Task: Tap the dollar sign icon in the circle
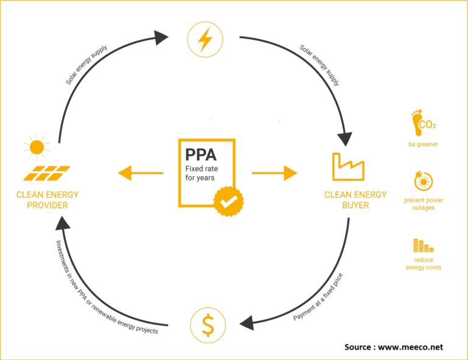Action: [x=208, y=325]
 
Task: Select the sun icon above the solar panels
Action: [x=37, y=147]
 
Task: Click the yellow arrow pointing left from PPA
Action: [x=140, y=174]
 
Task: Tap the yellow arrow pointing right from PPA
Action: [x=274, y=174]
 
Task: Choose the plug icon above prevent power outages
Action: [x=424, y=182]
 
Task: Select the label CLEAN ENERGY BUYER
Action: [x=355, y=200]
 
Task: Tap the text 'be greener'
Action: [x=424, y=145]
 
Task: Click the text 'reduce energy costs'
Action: [x=424, y=263]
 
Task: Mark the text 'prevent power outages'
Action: [x=424, y=204]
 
